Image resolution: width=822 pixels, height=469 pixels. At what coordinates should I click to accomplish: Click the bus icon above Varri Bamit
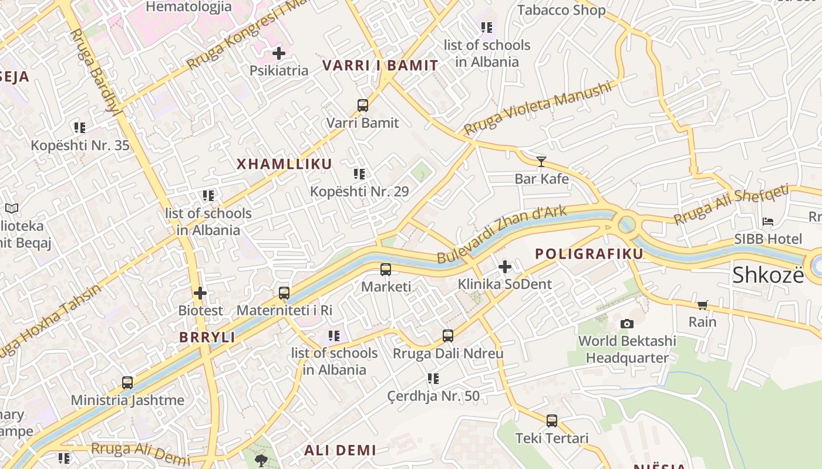point(363,106)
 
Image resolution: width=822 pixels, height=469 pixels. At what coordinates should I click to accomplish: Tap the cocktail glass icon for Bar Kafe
point(541,161)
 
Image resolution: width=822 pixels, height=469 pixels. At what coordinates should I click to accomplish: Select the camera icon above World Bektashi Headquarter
point(627,324)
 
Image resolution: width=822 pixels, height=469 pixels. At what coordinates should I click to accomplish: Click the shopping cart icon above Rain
point(703,304)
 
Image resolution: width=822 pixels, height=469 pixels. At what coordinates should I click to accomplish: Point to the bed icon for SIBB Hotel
point(768,222)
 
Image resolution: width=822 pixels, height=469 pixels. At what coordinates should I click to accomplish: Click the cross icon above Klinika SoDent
point(504,267)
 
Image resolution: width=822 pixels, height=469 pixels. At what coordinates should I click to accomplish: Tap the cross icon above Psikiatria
point(279,53)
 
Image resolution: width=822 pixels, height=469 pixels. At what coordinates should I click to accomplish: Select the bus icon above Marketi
point(386,270)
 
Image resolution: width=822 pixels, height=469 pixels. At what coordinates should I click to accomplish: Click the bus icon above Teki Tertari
point(552,420)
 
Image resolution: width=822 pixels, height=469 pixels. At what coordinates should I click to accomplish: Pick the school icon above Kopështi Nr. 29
point(359,174)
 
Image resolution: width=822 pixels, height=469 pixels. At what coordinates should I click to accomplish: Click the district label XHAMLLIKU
point(284,164)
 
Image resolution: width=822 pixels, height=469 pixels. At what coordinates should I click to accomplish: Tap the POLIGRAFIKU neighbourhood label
point(589,254)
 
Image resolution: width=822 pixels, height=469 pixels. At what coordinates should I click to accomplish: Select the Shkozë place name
point(768,274)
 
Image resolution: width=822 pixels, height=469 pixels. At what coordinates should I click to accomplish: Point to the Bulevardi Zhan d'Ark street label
point(502,234)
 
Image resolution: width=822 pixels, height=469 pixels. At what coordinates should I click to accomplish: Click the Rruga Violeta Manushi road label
point(537,108)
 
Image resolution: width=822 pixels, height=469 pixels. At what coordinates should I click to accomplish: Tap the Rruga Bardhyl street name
point(94,70)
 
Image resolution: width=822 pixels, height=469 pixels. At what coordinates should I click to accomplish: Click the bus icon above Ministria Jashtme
point(127,383)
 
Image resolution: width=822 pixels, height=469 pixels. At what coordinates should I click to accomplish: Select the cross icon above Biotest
point(200,293)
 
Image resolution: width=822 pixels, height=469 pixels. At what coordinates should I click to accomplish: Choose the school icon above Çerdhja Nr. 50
point(433,379)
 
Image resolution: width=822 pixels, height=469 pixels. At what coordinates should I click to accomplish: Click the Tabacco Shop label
point(561,10)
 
